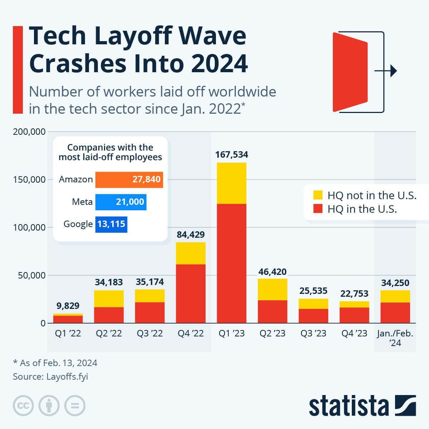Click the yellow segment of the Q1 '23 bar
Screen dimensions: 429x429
(231, 183)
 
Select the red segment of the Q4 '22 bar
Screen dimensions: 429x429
(191, 293)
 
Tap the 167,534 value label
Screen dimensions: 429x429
(231, 155)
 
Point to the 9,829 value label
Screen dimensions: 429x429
(68, 306)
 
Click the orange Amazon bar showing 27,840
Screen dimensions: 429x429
(129, 179)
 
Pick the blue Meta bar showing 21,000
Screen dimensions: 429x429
(121, 202)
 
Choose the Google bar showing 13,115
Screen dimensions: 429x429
(111, 224)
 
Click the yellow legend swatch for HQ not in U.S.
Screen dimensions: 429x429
(318, 195)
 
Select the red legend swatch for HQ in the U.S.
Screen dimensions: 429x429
(318, 209)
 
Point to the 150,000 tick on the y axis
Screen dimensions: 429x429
(29, 179)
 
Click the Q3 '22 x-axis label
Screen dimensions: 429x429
(150, 334)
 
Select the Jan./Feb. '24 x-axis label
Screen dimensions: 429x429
(395, 338)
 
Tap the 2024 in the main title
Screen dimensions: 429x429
(219, 64)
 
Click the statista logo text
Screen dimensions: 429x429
(349, 406)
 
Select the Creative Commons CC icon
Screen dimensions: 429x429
(23, 406)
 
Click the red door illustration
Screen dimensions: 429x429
(350, 72)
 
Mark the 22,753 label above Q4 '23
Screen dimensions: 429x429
(354, 294)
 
